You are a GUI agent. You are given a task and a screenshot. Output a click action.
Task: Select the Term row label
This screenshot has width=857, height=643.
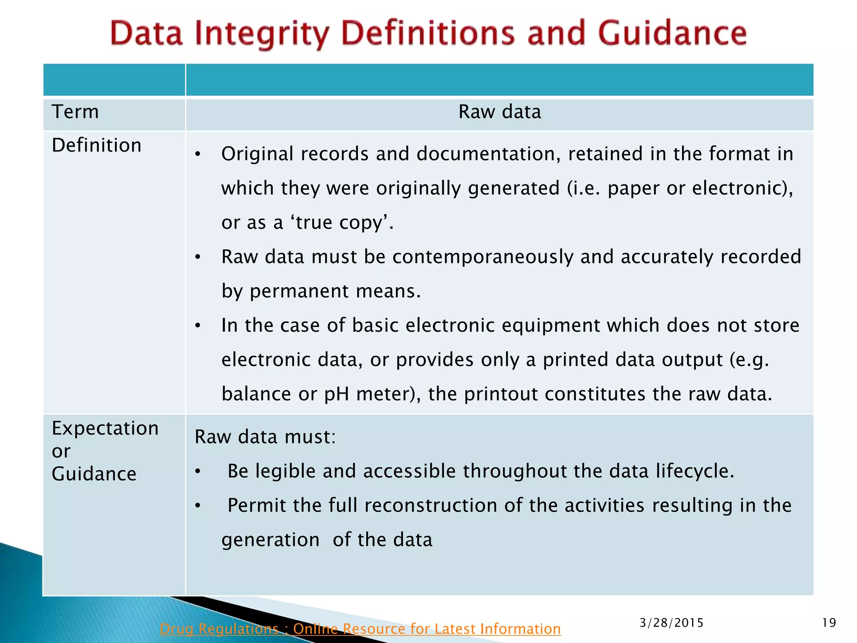(75, 112)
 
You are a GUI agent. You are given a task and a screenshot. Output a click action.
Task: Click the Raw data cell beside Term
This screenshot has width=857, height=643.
(500, 112)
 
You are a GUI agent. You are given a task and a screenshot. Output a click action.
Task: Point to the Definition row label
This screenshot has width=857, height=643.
(97, 145)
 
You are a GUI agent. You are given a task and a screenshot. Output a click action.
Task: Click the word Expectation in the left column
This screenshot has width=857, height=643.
(105, 428)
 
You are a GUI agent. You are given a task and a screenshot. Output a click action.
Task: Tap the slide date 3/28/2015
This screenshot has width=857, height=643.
(671, 623)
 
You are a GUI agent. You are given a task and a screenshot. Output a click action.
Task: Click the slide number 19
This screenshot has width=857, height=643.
(829, 623)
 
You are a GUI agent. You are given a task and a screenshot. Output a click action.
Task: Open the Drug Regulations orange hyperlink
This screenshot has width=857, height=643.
(360, 629)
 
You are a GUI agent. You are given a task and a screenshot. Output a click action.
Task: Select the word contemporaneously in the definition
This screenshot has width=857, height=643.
(483, 257)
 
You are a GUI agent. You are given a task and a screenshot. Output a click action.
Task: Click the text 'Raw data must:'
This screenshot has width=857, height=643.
(265, 437)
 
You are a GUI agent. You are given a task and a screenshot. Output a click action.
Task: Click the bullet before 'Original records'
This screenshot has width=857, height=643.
(198, 154)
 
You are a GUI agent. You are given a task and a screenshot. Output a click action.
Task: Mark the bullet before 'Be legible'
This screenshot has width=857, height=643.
(198, 472)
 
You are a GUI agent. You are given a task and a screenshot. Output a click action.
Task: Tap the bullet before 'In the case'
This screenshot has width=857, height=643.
(198, 326)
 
